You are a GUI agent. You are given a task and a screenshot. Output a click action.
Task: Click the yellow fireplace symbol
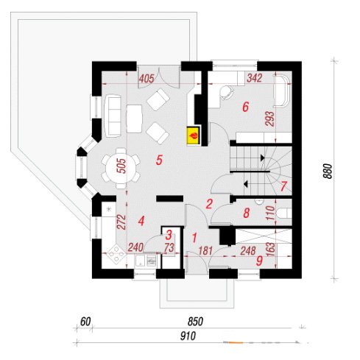click(194, 135)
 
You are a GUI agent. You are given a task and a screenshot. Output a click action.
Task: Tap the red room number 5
click(159, 160)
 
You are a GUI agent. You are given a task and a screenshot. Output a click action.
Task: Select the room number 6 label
click(245, 107)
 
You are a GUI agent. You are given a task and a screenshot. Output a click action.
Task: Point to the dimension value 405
click(147, 79)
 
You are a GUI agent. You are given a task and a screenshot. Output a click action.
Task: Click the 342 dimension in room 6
click(255, 78)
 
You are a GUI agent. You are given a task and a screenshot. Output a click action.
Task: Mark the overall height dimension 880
click(328, 171)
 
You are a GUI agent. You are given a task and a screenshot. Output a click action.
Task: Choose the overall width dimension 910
click(188, 336)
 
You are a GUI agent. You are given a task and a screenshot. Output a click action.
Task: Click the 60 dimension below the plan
click(85, 322)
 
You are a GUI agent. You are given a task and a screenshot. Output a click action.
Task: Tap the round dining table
click(121, 169)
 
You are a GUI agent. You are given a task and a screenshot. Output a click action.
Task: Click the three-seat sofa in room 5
click(113, 116)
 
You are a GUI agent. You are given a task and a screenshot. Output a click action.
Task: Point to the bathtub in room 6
click(282, 91)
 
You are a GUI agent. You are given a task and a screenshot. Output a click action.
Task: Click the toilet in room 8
click(284, 213)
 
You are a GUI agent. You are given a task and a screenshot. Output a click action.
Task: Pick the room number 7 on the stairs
click(283, 186)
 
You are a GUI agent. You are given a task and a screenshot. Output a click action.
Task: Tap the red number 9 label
click(259, 261)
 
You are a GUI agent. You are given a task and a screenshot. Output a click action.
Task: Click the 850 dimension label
click(196, 322)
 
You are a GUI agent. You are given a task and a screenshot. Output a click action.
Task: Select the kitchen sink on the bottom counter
click(141, 261)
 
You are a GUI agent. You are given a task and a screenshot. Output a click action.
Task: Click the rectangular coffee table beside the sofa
click(134, 119)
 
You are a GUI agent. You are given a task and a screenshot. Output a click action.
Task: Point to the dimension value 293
click(269, 119)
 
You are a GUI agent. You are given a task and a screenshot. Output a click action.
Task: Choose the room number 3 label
click(169, 235)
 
